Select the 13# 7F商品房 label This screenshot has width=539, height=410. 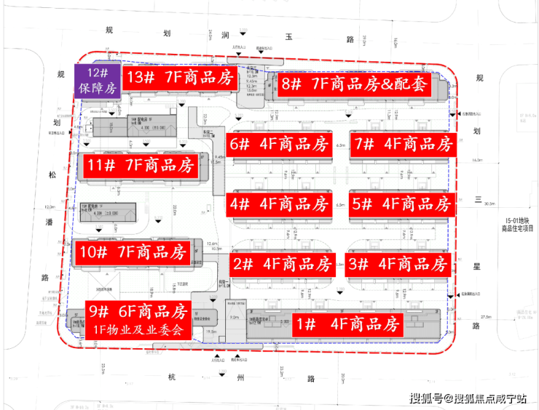tap(179, 78)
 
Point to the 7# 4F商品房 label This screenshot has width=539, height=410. tap(402, 144)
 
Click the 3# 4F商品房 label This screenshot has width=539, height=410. tap(398, 263)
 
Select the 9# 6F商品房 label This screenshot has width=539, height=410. tap(138, 312)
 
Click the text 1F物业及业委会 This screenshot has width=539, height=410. tap(138, 329)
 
